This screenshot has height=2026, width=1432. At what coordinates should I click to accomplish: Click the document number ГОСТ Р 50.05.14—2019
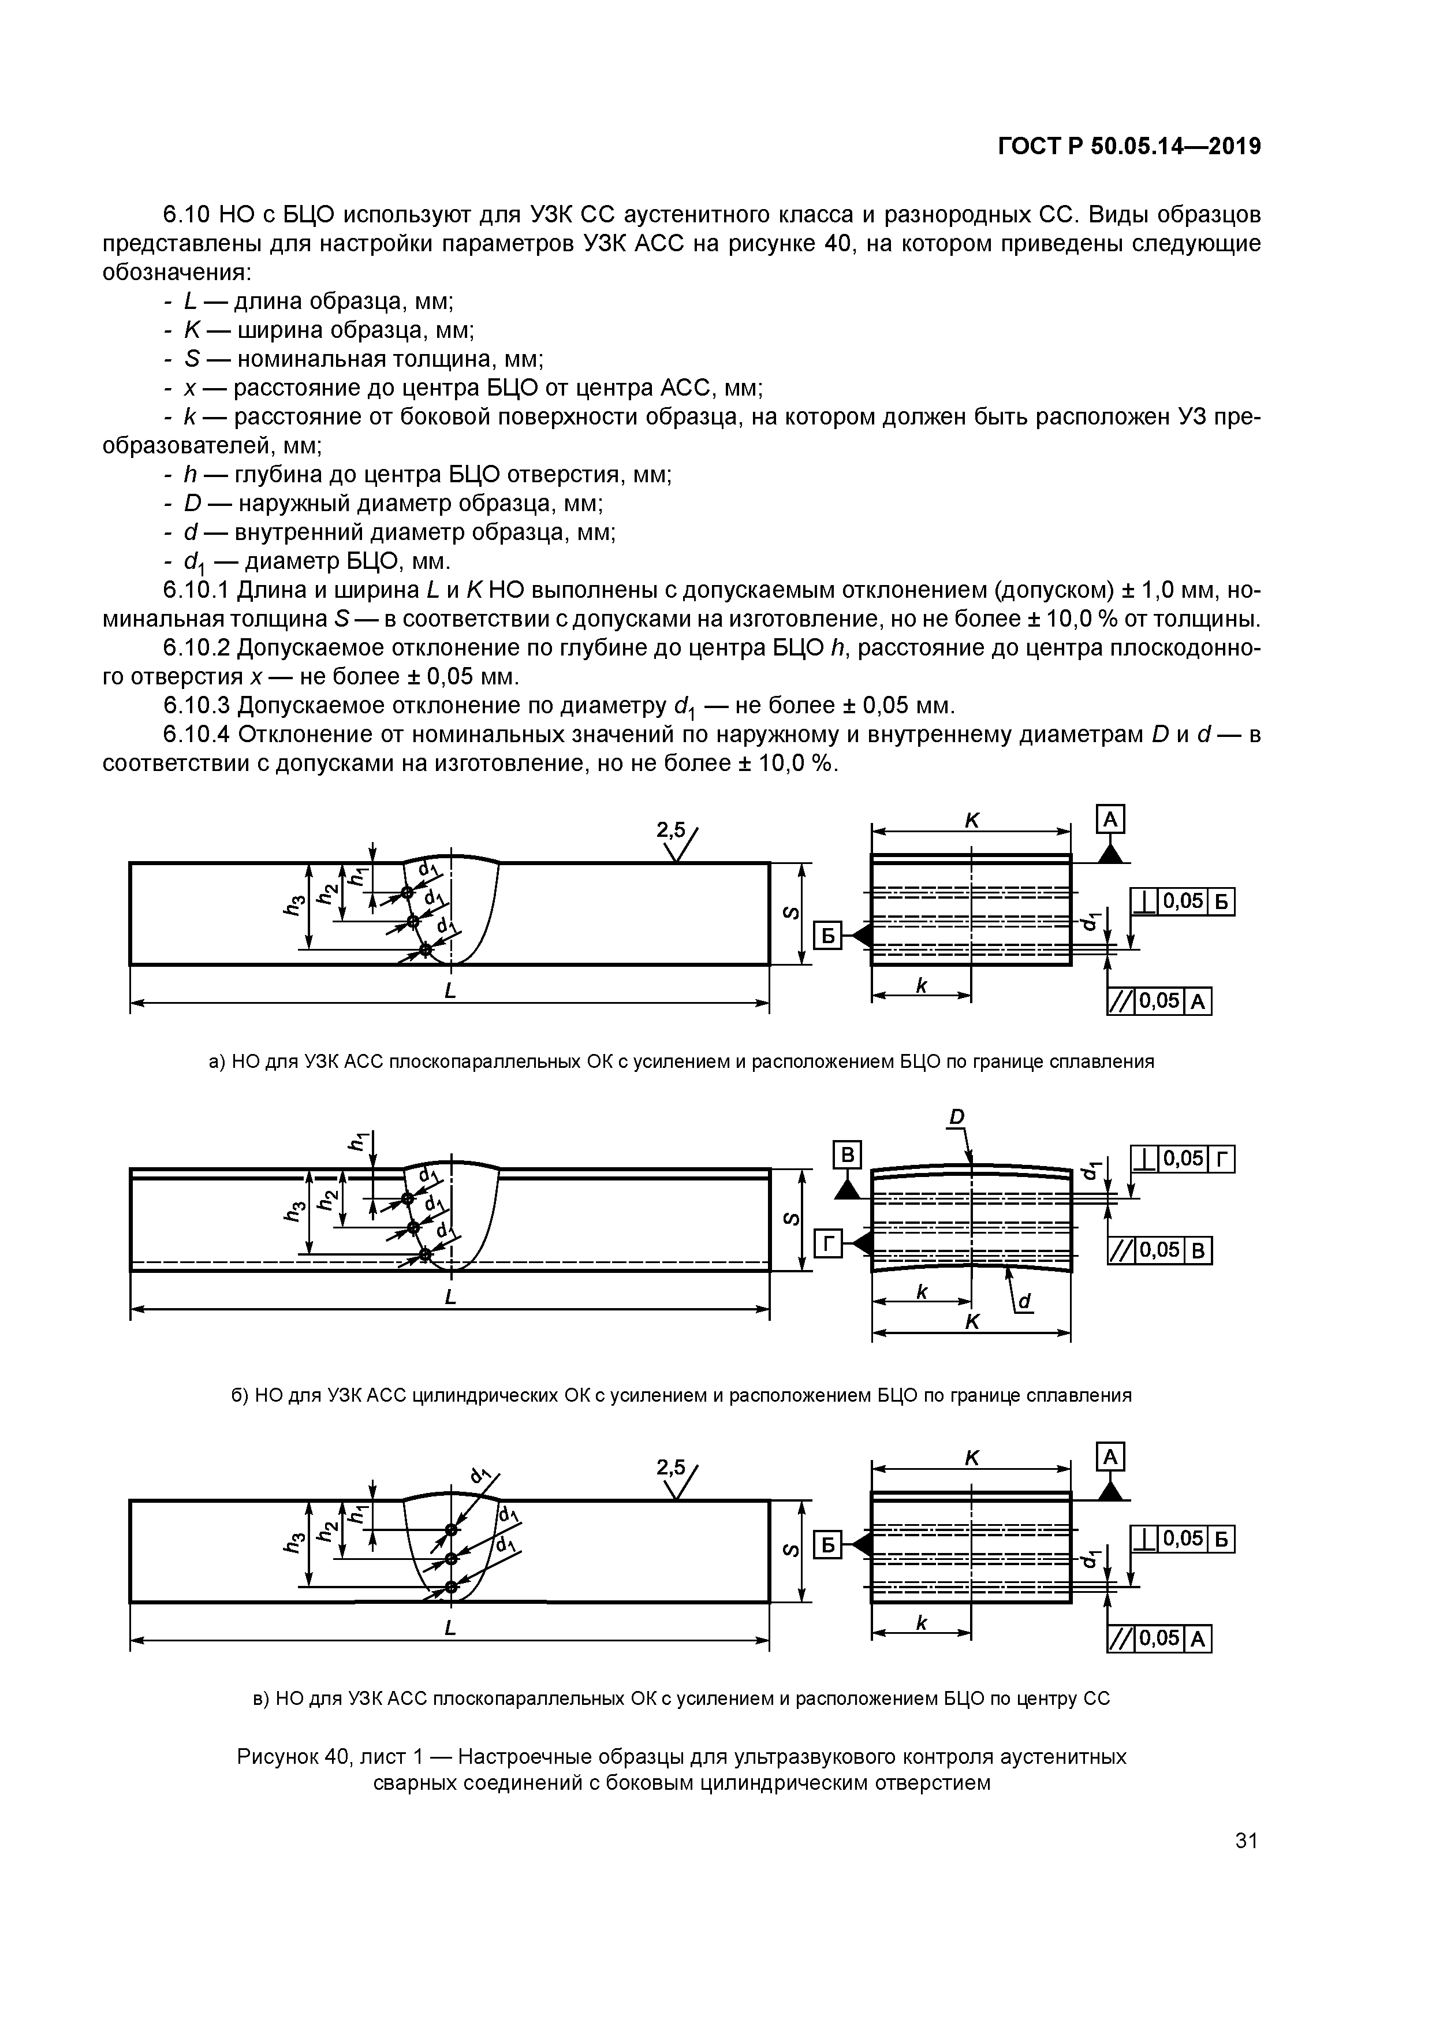(x=1128, y=147)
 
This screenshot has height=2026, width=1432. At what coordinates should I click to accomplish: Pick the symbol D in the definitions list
(x=192, y=504)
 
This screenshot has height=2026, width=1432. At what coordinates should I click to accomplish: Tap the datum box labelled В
(x=847, y=1155)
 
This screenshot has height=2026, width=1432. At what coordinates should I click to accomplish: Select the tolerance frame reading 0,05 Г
(x=1183, y=1159)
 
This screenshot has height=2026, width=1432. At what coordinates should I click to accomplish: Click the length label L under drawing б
(x=450, y=1297)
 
